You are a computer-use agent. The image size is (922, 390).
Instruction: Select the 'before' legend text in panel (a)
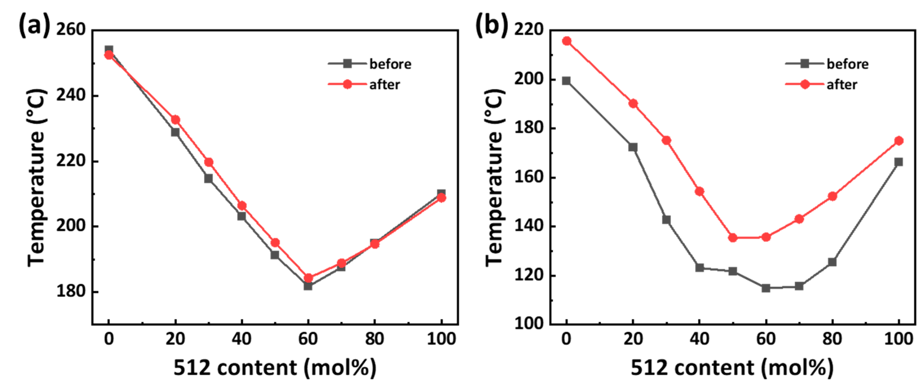pos(390,64)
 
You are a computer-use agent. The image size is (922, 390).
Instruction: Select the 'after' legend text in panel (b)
pos(842,85)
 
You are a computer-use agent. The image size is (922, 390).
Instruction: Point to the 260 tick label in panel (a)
pos(71,29)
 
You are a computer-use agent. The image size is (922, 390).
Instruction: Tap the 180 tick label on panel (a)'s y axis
pos(71,291)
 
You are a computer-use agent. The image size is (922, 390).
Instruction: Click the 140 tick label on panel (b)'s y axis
pos(529,226)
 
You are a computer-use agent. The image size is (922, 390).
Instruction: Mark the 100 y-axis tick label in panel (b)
pos(529,323)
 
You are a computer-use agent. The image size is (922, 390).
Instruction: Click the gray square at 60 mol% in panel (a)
pos(308,285)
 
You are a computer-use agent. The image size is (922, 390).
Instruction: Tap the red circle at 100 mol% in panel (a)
pos(441,198)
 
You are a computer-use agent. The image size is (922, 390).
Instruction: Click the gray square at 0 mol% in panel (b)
pos(566,81)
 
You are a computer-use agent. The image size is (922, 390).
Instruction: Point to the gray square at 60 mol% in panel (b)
pos(766,288)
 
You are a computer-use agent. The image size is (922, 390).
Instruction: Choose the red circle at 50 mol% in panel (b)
pos(733,238)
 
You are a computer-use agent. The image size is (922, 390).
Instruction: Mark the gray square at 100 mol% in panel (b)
pos(898,162)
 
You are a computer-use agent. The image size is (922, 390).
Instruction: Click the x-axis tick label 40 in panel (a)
pos(242,339)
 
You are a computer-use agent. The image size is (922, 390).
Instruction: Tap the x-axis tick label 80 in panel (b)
pos(832,339)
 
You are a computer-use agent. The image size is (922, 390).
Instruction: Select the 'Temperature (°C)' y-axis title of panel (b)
pos(495,177)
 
